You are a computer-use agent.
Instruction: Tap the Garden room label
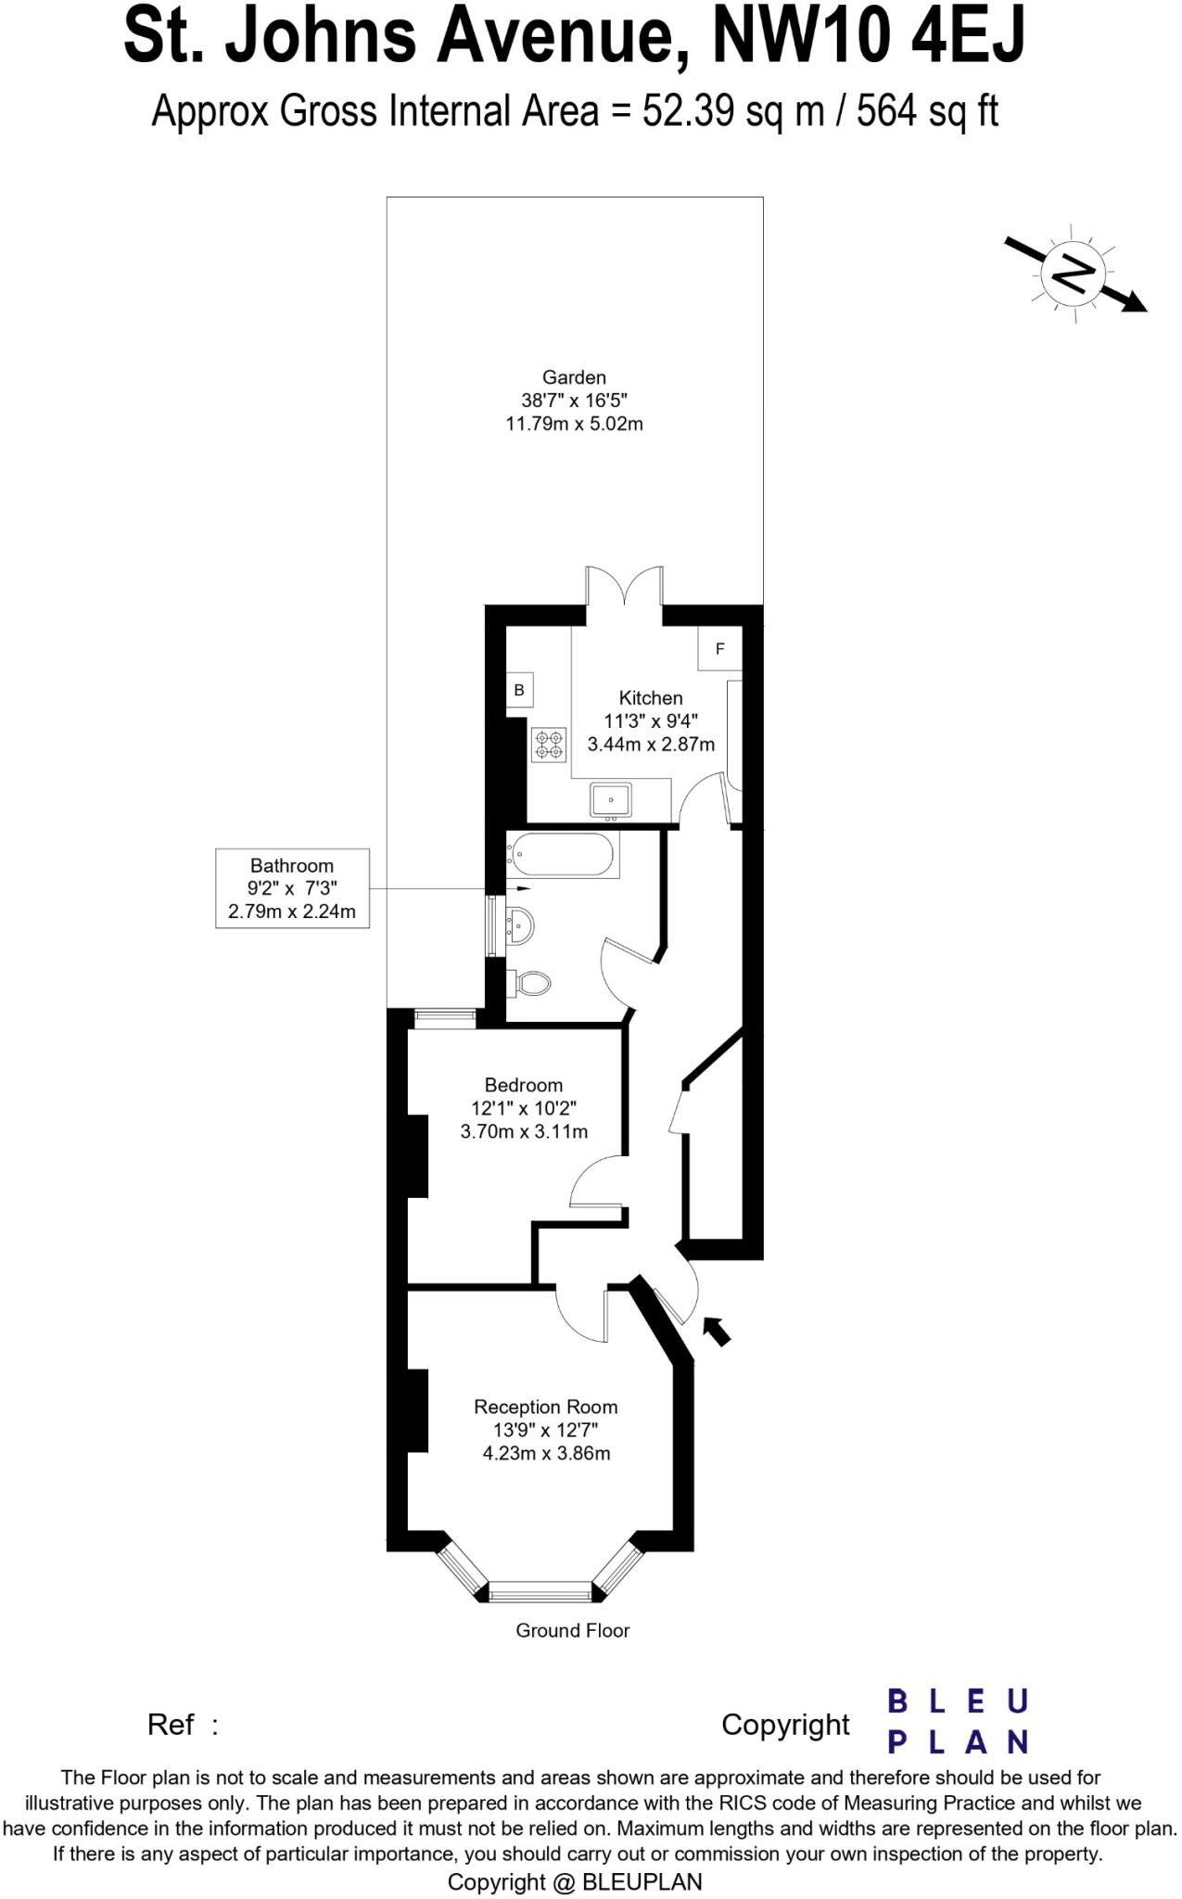[x=574, y=377]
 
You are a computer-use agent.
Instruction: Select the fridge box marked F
[x=720, y=649]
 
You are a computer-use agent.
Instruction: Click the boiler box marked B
[x=519, y=691]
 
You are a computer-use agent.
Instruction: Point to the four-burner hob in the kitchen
[x=549, y=745]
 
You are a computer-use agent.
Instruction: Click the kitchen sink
[x=611, y=800]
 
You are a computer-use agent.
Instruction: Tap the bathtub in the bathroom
[x=562, y=854]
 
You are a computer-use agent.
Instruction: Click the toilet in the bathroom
[x=531, y=983]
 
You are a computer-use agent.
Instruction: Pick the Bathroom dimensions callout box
[x=292, y=888]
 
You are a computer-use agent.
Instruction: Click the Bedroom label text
[x=524, y=1085]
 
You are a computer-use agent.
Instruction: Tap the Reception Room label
[x=545, y=1407]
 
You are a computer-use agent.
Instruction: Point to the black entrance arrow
[x=717, y=1330]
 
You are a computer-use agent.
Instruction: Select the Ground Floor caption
[x=572, y=1630]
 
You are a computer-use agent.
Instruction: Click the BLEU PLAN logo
[x=958, y=1722]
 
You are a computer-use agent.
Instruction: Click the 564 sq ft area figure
[x=927, y=112]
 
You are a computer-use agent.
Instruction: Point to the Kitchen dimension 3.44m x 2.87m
[x=651, y=744]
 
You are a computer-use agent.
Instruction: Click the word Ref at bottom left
[x=171, y=1725]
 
